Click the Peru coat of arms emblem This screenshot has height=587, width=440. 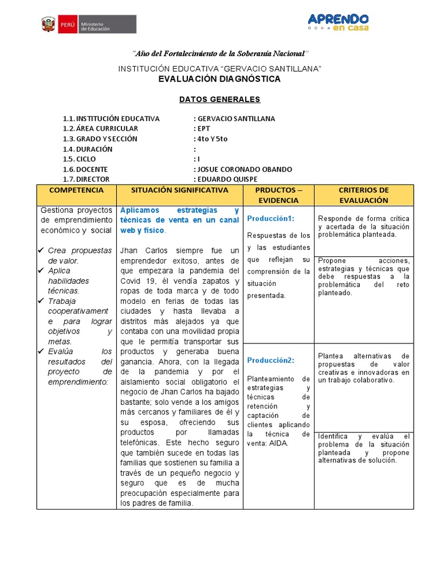click(48, 25)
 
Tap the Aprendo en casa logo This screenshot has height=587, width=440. click(338, 22)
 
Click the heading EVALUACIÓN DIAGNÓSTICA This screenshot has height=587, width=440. click(219, 79)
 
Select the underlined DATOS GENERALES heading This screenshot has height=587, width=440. click(219, 99)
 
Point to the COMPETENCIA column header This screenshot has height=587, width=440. click(76, 190)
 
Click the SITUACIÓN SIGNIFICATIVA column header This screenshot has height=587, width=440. click(179, 190)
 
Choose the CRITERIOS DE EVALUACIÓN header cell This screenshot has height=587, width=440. click(364, 195)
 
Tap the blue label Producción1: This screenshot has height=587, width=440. click(270, 218)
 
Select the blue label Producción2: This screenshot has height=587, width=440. click(270, 360)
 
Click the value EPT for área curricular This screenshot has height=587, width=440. click(204, 129)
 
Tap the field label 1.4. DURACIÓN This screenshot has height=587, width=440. click(88, 149)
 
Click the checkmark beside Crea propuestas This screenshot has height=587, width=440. click(41, 251)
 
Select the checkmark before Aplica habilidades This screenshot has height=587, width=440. click(41, 271)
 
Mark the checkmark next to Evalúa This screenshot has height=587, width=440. click(41, 351)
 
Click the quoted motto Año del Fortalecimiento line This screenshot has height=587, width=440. click(220, 53)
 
